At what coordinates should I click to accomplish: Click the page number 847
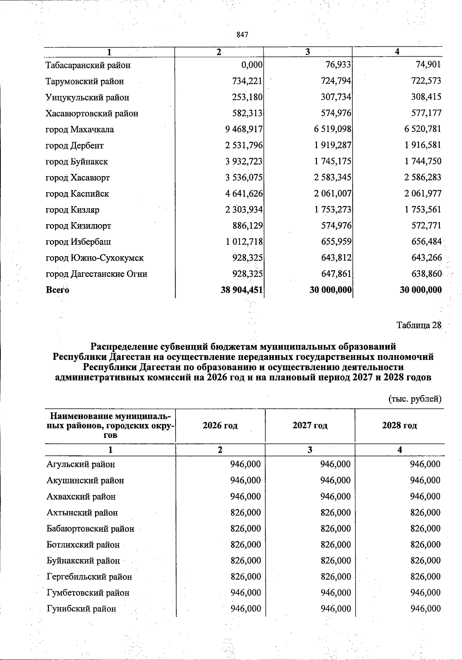point(243,35)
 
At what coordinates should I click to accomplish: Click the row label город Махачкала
point(80,129)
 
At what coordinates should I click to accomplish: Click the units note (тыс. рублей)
point(414,399)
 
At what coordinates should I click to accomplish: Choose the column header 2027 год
point(310,425)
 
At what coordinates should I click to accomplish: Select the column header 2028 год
point(400,425)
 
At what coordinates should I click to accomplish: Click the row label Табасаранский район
point(88,65)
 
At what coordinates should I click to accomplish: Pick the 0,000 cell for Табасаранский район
point(252,65)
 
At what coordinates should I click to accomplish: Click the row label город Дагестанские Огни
point(97,274)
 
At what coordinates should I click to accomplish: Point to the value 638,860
point(425,274)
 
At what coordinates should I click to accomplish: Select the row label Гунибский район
point(81,609)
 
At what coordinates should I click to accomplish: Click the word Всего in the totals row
point(57,290)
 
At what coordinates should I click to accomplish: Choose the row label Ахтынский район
point(82,512)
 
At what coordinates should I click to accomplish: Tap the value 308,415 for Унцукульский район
point(426,97)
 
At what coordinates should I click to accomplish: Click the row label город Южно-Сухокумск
point(95,258)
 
